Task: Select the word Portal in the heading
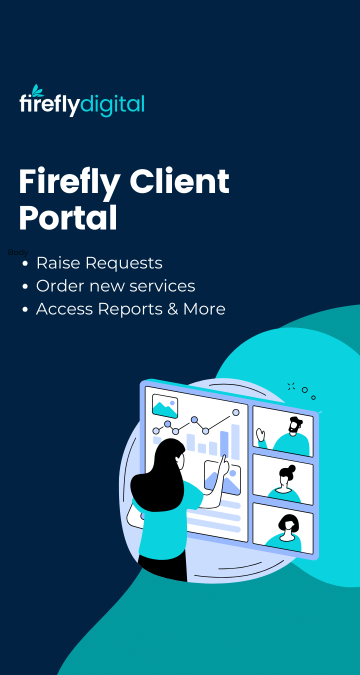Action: [68, 218]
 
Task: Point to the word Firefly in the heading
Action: [69, 182]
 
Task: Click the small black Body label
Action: [18, 252]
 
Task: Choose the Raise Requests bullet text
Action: [99, 263]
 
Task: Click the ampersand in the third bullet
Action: [172, 309]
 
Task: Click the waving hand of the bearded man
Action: [260, 434]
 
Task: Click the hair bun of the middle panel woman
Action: [291, 469]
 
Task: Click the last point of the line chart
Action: [236, 412]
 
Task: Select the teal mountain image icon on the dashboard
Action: [165, 406]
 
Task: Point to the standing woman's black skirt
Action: [162, 567]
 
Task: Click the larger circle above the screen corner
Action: [304, 390]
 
